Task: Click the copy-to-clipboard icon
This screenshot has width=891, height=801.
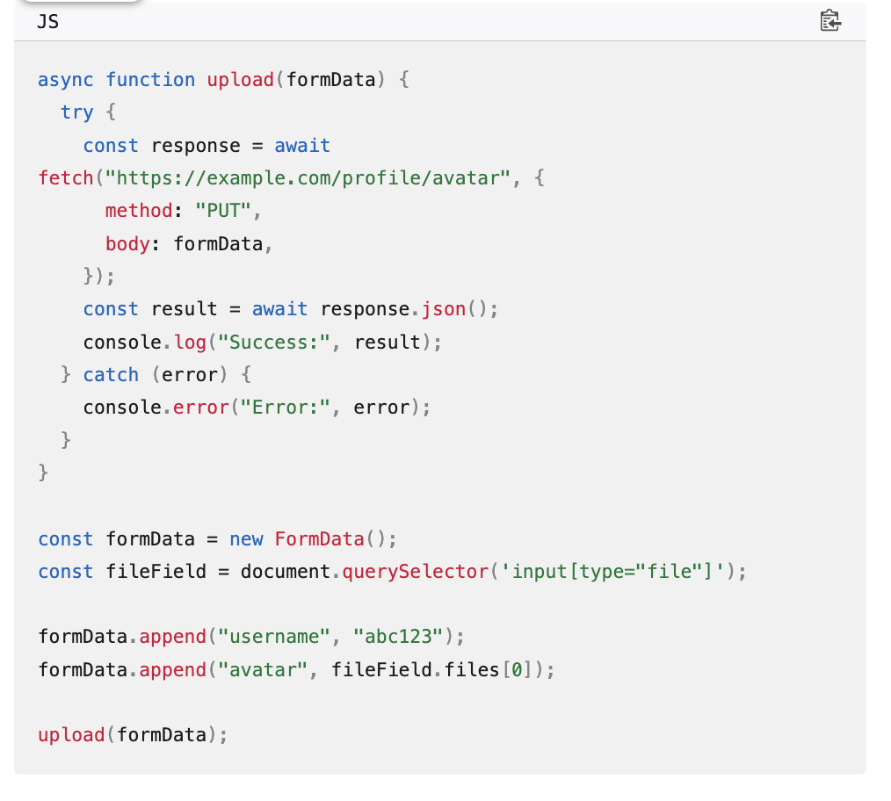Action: coord(829,21)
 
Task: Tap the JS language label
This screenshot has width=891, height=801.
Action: coord(48,22)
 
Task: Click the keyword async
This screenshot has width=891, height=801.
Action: coord(66,80)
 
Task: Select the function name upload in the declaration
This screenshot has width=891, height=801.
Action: coord(241,80)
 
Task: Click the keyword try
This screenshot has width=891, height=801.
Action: coord(76,112)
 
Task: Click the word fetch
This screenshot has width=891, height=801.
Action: coord(66,178)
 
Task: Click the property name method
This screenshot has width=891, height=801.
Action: coord(138,211)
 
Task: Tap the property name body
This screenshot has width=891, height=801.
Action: coord(127,244)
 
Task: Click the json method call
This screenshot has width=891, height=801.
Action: coord(443,309)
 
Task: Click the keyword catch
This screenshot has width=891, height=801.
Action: coord(111,375)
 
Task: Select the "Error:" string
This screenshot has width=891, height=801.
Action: coord(285,408)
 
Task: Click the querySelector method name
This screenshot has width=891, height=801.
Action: coord(415,572)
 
